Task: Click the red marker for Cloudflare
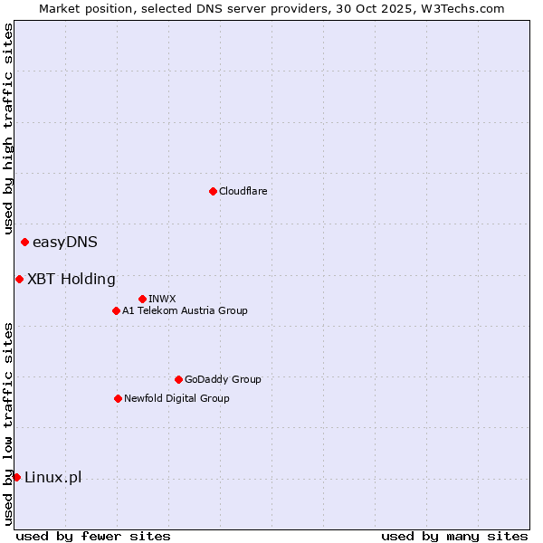(x=213, y=191)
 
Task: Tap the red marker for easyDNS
(x=24, y=242)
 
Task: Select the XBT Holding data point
(x=19, y=279)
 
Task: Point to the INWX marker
(x=142, y=299)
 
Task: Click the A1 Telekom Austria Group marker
(x=116, y=310)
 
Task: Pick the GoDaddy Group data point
(x=178, y=379)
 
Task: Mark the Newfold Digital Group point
(x=118, y=398)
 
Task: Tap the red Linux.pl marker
(x=16, y=477)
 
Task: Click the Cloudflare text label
(x=243, y=191)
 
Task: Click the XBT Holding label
(x=71, y=279)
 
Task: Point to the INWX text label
(x=162, y=299)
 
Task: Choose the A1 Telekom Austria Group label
(x=185, y=310)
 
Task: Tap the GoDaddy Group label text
(x=223, y=379)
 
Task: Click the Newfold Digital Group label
(x=176, y=398)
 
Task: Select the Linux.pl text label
(x=52, y=478)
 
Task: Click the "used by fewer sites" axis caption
(x=93, y=536)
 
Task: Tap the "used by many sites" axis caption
(x=454, y=536)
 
